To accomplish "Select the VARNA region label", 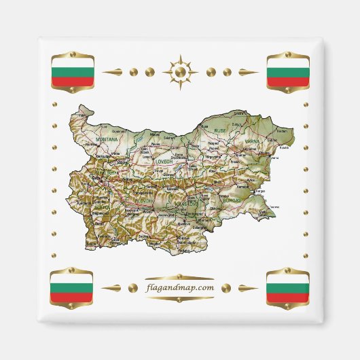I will pyautogui.click(x=253, y=141).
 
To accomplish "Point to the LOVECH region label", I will pyautogui.click(x=164, y=162).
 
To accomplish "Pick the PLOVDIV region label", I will pyautogui.click(x=143, y=202).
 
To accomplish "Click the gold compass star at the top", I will pyautogui.click(x=179, y=71).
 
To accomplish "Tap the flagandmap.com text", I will pyautogui.click(x=179, y=287).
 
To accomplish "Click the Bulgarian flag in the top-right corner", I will pyautogui.click(x=287, y=71).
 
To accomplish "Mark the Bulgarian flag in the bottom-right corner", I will pyautogui.click(x=287, y=288).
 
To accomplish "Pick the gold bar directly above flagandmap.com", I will pyautogui.click(x=179, y=277).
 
